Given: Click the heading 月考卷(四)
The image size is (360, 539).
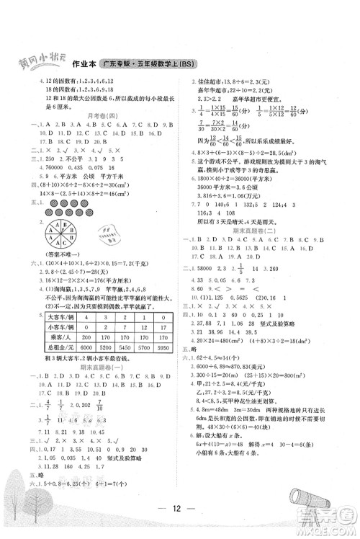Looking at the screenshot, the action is tap(102, 115).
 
